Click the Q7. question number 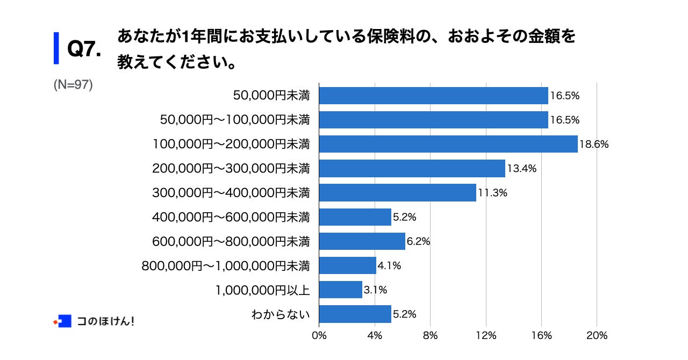pyautogui.click(x=84, y=49)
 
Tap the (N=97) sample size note pyautogui.click(x=73, y=85)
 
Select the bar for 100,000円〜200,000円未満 pyautogui.click(x=448, y=144)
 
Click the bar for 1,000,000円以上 pyautogui.click(x=340, y=290)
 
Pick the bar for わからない pyautogui.click(x=355, y=314)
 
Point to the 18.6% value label pyautogui.click(x=594, y=145)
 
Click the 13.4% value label pyautogui.click(x=521, y=169)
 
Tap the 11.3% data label pyautogui.click(x=492, y=193)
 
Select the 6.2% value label pyautogui.click(x=419, y=241)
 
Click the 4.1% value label pyautogui.click(x=390, y=265)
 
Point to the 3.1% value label pyautogui.click(x=375, y=290)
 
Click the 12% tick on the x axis pyautogui.click(x=486, y=335)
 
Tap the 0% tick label pyautogui.click(x=319, y=335)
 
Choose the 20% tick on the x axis pyautogui.click(x=597, y=335)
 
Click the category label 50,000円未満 pyautogui.click(x=271, y=96)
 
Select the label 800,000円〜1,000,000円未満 pyautogui.click(x=226, y=265)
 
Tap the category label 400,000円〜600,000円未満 pyautogui.click(x=231, y=217)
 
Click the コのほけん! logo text pyautogui.click(x=105, y=321)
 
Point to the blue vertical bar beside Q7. pyautogui.click(x=56, y=48)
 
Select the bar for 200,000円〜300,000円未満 pyautogui.click(x=412, y=169)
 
